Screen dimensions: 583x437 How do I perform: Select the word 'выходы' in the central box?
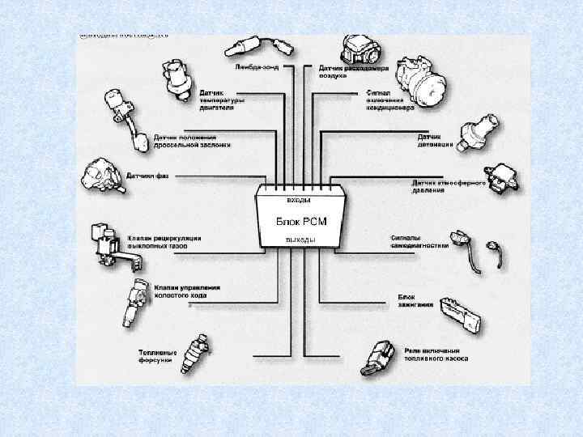coord(299,240)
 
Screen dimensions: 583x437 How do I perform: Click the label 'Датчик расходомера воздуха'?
coord(353,72)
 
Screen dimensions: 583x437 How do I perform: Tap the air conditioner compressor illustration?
coord(422,80)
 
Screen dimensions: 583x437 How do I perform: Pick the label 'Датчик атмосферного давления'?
coord(448,186)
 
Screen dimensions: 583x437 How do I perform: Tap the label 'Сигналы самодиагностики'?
coord(415,242)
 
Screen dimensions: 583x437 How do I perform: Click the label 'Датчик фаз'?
coord(147,176)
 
